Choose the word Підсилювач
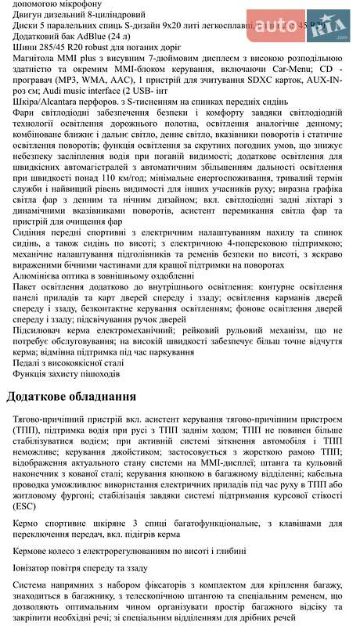click(x=36, y=330)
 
